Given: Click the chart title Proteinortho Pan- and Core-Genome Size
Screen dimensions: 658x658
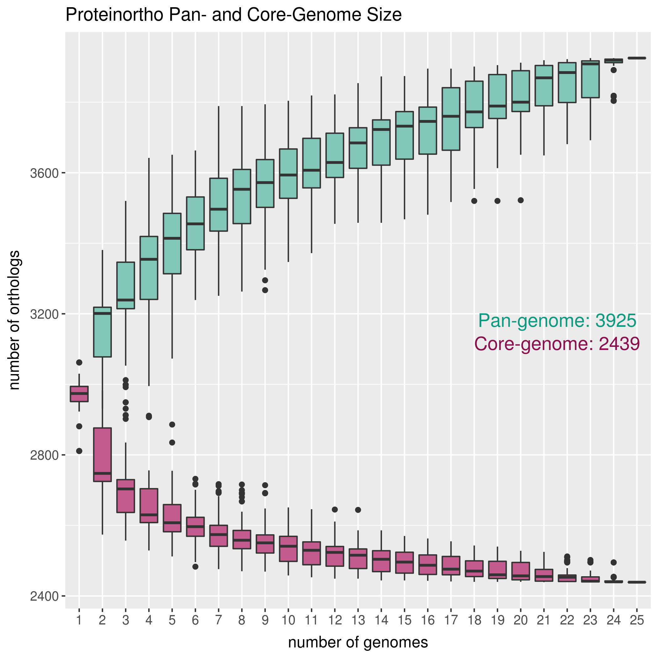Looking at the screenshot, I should point(233,15).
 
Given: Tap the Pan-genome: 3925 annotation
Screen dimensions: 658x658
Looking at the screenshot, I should point(557,321).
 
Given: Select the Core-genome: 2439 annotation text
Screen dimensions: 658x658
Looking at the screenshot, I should point(557,344).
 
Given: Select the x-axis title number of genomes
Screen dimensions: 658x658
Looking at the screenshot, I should point(358,642).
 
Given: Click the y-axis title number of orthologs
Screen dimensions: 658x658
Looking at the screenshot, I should point(14,320).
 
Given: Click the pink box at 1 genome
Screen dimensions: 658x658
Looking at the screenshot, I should point(79,394).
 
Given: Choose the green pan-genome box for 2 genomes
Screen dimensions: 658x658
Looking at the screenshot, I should point(102,332).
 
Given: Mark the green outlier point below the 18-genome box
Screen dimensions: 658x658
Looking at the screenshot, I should point(474,201).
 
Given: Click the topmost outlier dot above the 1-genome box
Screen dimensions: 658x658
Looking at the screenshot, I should point(79,363).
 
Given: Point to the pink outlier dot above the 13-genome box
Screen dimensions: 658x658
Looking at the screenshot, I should point(358,510).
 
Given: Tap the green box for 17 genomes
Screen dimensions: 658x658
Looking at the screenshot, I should point(451,119).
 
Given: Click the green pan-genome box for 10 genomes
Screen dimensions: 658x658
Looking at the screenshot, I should point(288,173).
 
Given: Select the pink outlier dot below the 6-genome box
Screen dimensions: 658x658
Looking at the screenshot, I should point(195,567).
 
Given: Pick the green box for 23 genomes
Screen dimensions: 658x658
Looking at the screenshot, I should point(590,79).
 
